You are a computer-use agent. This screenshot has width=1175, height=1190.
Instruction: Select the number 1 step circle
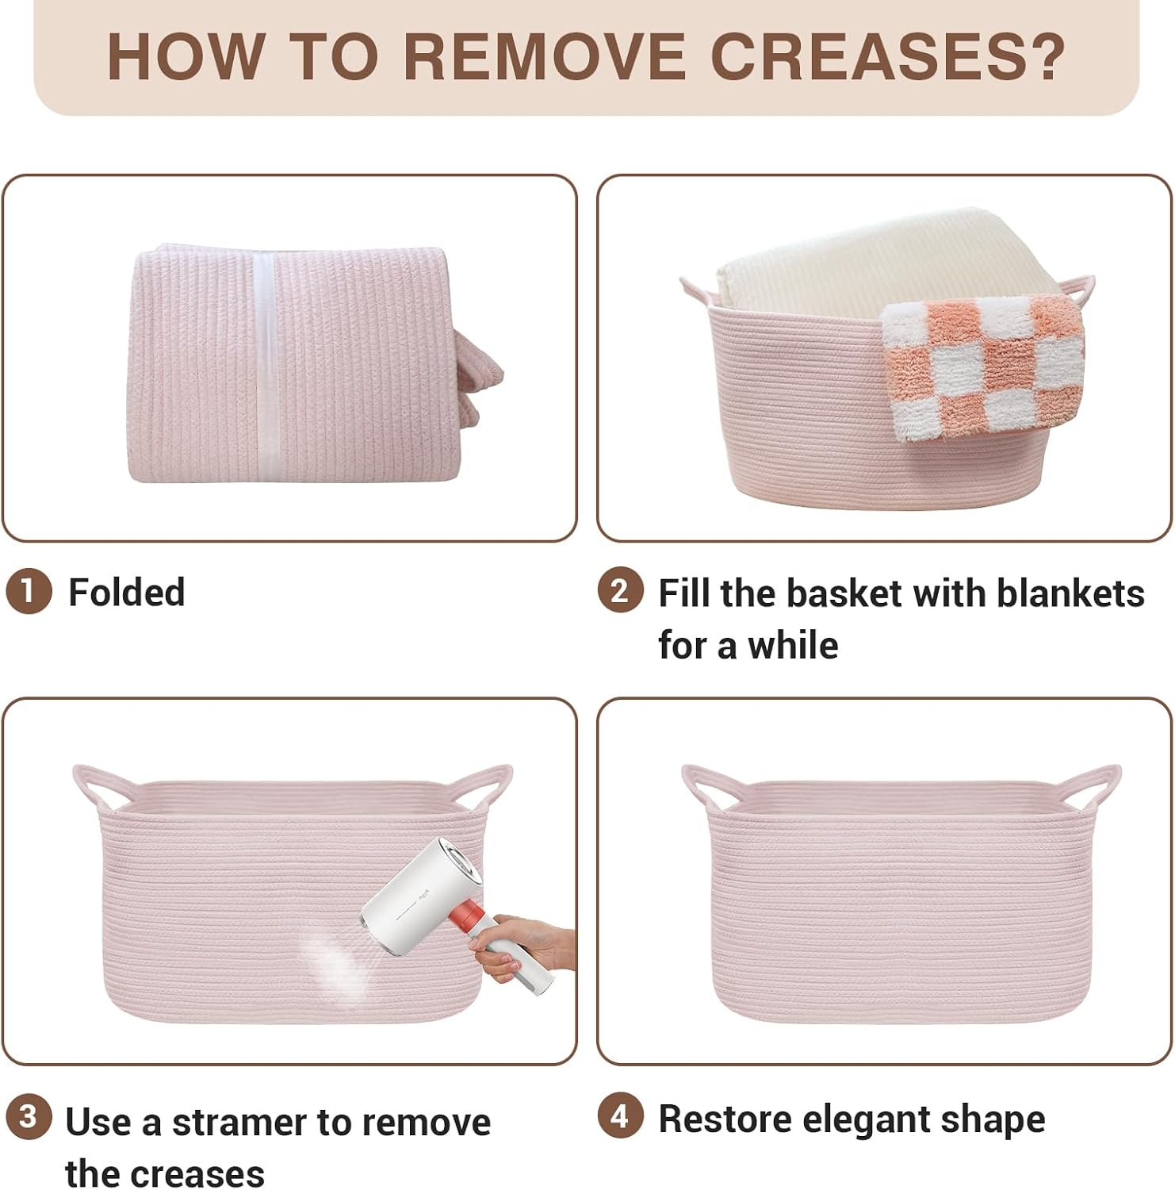point(29,592)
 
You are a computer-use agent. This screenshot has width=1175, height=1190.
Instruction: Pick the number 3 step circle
point(29,1117)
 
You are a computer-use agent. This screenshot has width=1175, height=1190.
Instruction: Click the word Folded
point(127,592)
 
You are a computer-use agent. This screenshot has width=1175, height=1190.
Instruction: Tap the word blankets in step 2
point(1070,593)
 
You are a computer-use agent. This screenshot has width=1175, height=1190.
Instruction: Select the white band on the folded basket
point(264,364)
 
